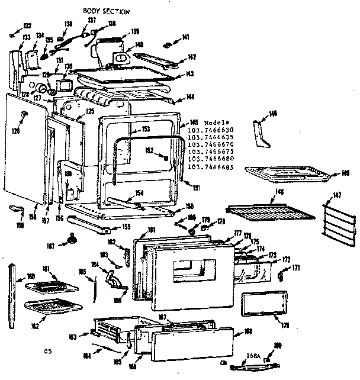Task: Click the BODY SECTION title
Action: tap(107, 11)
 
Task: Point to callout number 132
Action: tap(27, 25)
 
